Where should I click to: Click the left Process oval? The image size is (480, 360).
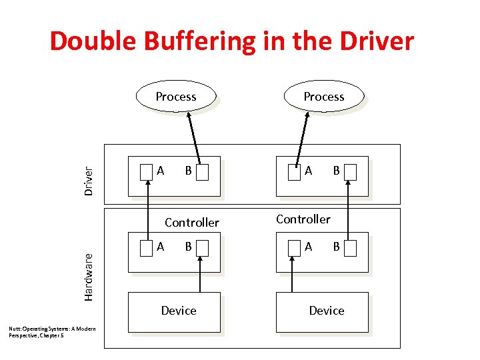[x=176, y=97]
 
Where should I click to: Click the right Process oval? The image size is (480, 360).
[x=324, y=97]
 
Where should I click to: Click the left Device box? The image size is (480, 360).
[x=179, y=311]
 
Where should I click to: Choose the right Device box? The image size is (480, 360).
[x=327, y=311]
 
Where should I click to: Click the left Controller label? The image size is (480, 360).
[x=191, y=222]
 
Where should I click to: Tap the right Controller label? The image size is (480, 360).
[x=303, y=219]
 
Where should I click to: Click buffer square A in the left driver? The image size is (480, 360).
[x=147, y=173]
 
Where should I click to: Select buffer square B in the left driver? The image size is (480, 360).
[x=203, y=173]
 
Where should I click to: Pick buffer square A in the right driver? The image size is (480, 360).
[x=295, y=173]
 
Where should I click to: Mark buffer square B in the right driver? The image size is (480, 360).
[x=351, y=173]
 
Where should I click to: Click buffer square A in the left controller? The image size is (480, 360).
[x=147, y=248]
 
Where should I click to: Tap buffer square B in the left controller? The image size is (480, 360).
[x=203, y=248]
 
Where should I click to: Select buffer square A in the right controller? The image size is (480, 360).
[x=295, y=248]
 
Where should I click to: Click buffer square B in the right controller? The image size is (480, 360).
[x=351, y=248]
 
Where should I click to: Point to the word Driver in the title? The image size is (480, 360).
[x=374, y=41]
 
